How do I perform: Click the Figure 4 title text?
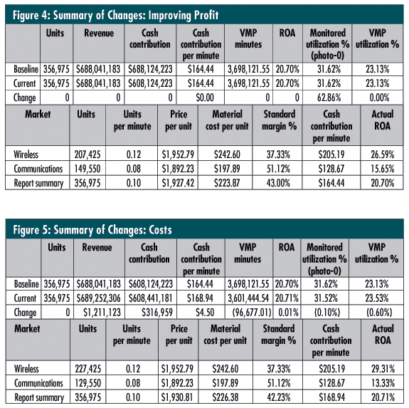pyautogui.click(x=115, y=15)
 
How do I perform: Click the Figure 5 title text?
pyautogui.click(x=92, y=230)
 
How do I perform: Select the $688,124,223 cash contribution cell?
pyautogui.click(x=150, y=69)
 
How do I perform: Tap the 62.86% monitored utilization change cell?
pyautogui.click(x=329, y=98)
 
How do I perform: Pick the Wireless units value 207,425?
pyautogui.click(x=87, y=155)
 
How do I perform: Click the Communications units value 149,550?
pyautogui.click(x=87, y=169)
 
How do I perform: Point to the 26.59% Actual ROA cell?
pyautogui.click(x=383, y=155)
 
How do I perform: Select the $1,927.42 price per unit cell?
pyautogui.click(x=178, y=183)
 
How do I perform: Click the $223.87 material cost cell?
pyautogui.click(x=227, y=183)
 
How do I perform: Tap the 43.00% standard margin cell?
pyautogui.click(x=278, y=183)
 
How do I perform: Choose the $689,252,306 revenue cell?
pyautogui.click(x=99, y=298)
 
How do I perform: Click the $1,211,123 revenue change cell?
pyautogui.click(x=102, y=313)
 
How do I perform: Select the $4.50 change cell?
pyautogui.click(x=205, y=313)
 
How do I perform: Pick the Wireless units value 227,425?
pyautogui.click(x=88, y=369)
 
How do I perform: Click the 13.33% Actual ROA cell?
pyautogui.click(x=383, y=383)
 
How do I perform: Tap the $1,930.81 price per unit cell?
pyautogui.click(x=177, y=397)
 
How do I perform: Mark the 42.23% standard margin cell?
pyautogui.click(x=279, y=397)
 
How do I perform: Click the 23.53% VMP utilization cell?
pyautogui.click(x=377, y=298)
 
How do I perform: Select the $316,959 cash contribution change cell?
pyautogui.click(x=157, y=313)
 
